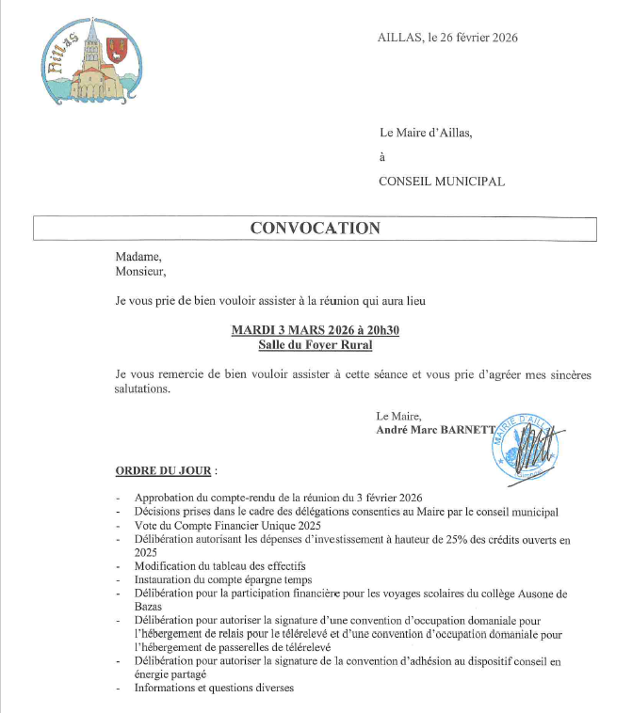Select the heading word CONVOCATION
tap(315, 229)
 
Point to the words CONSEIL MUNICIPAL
tap(442, 182)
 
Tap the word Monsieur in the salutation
tap(140, 272)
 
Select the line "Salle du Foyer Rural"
tap(316, 345)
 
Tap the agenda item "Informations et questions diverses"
tap(215, 688)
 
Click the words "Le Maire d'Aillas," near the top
tap(425, 133)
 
